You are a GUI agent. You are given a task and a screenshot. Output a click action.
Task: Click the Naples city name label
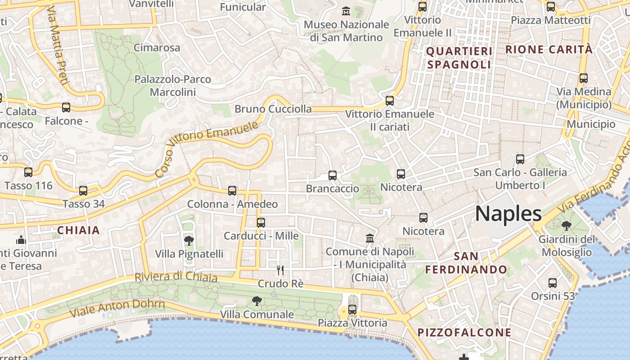pyautogui.click(x=508, y=213)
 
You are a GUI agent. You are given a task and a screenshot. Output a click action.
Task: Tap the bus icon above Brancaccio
pyautogui.click(x=333, y=175)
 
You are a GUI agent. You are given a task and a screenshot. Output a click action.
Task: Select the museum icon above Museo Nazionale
pyautogui.click(x=346, y=11)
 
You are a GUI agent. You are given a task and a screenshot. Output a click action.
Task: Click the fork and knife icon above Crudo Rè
pyautogui.click(x=280, y=270)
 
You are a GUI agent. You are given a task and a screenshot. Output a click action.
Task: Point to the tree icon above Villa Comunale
pyautogui.click(x=257, y=301)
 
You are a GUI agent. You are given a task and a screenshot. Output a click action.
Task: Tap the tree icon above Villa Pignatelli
pyautogui.click(x=189, y=240)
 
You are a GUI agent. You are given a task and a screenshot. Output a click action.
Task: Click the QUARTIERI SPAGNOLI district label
pyautogui.click(x=459, y=58)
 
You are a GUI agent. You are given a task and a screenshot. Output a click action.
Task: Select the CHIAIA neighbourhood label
pyautogui.click(x=78, y=230)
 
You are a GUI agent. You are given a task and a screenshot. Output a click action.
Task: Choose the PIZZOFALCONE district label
pyautogui.click(x=464, y=333)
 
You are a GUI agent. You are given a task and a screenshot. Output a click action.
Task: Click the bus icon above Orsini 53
pyautogui.click(x=553, y=283)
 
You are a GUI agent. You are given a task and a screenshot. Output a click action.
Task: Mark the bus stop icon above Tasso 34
pyautogui.click(x=83, y=190)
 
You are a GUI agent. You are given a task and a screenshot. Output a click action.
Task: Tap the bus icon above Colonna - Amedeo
pyautogui.click(x=232, y=191)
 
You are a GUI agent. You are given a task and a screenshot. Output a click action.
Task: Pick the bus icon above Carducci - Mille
pyautogui.click(x=261, y=222)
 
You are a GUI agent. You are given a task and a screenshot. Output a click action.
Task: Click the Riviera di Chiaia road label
pyautogui.click(x=176, y=277)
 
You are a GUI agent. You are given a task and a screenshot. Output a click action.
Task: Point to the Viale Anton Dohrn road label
pyautogui.click(x=117, y=307)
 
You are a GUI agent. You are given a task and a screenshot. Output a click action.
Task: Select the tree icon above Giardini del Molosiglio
pyautogui.click(x=566, y=226)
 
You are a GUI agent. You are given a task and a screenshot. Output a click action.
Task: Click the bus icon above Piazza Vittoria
pyautogui.click(x=352, y=310)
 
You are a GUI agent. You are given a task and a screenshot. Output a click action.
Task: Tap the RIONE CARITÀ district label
pyautogui.click(x=549, y=49)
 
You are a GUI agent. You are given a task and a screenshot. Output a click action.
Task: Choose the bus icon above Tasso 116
pyautogui.click(x=28, y=172)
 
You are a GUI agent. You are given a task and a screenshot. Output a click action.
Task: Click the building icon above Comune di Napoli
pyautogui.click(x=370, y=238)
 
